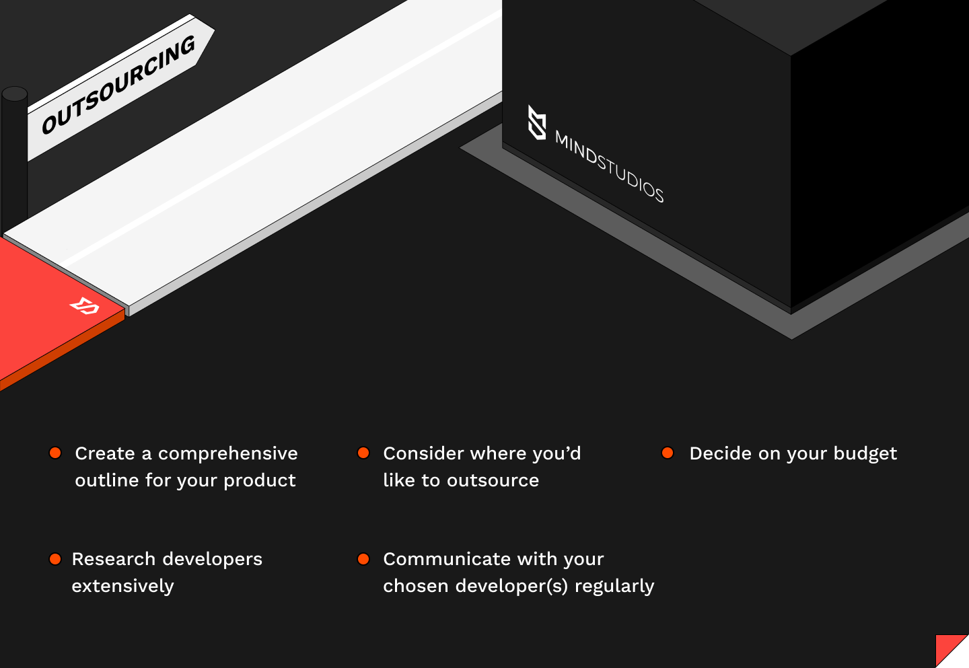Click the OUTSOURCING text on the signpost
click(118, 84)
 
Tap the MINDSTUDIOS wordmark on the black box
click(609, 166)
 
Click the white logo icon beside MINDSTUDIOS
click(537, 122)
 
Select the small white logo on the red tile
click(85, 305)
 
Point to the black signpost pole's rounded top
click(15, 94)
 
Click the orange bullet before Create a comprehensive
click(55, 453)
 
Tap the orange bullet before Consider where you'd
click(363, 453)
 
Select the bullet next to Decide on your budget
click(668, 453)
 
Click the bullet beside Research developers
click(55, 558)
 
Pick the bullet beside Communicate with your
click(363, 558)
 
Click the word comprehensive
click(228, 454)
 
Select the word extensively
click(123, 587)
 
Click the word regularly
click(614, 587)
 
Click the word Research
click(113, 559)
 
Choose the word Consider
click(423, 453)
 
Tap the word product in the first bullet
click(260, 481)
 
